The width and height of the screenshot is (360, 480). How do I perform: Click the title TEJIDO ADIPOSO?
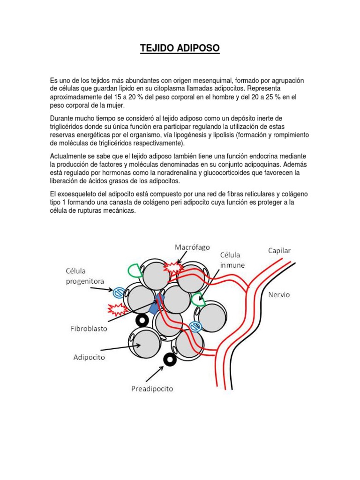(180, 48)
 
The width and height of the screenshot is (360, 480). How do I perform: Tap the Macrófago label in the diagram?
(192, 247)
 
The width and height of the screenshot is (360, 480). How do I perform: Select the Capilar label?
(279, 251)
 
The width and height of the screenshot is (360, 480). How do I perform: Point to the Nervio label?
(279, 295)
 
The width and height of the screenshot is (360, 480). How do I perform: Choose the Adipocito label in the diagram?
(89, 357)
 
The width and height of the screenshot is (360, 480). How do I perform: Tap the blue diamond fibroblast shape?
(153, 308)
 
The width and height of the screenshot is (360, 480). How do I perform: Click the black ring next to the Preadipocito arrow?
(169, 360)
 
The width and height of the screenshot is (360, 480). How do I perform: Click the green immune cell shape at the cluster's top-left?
(135, 270)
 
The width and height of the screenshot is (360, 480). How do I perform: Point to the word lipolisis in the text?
(223, 135)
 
